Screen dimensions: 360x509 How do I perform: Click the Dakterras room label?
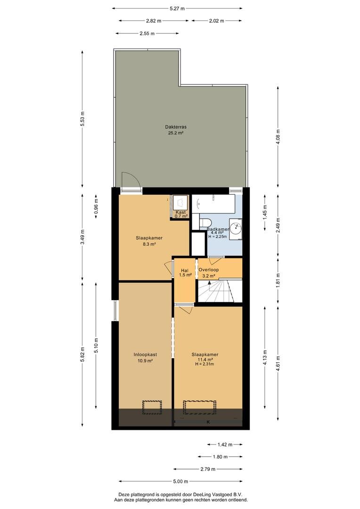pyautogui.click(x=176, y=127)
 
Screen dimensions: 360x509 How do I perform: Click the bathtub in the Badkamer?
pyautogui.click(x=213, y=204)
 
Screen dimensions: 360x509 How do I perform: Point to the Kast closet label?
pyautogui.click(x=181, y=212)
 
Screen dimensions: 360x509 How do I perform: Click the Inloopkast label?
pyautogui.click(x=145, y=355)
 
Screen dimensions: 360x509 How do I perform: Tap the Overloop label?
pyautogui.click(x=208, y=270)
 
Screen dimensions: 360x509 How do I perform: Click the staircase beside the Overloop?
pyautogui.click(x=220, y=291)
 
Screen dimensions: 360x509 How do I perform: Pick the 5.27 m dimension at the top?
pyautogui.click(x=177, y=9)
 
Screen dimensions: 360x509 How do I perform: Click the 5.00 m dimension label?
pyautogui.click(x=180, y=481)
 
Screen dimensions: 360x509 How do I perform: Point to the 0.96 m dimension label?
pyautogui.click(x=96, y=206)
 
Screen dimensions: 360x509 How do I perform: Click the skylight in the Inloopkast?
pyautogui.click(x=152, y=408)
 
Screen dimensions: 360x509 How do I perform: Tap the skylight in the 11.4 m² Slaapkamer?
pyautogui.click(x=199, y=408)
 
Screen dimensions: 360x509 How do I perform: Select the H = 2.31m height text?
pyautogui.click(x=205, y=364)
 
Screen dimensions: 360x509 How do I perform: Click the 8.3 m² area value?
pyautogui.click(x=149, y=245)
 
